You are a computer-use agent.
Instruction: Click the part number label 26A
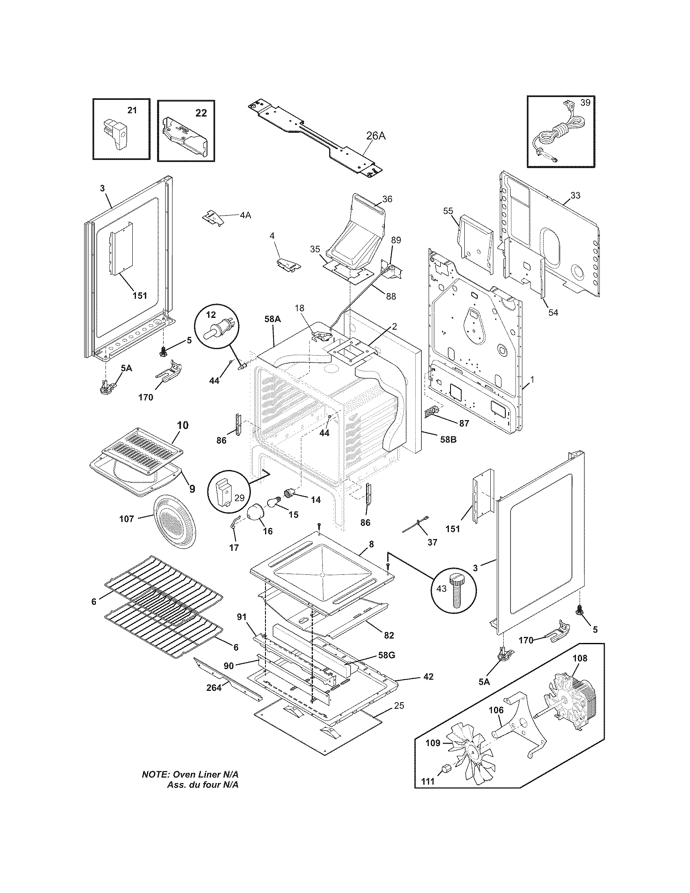coord(375,136)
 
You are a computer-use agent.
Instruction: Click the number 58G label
coord(386,656)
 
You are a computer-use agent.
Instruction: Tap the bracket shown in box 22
coord(185,135)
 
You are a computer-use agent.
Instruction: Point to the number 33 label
coord(575,196)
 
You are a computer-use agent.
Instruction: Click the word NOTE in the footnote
coord(155,786)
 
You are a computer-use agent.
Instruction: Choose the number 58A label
coord(272,319)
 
